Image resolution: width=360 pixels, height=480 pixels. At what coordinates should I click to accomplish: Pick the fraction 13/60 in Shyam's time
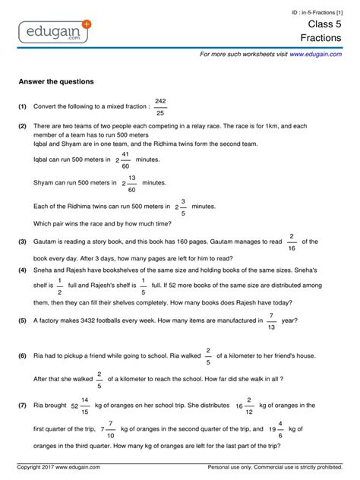click(x=131, y=183)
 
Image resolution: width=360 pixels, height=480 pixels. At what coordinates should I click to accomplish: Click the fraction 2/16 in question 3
click(x=292, y=242)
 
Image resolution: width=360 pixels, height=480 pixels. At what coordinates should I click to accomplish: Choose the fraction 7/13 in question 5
click(x=271, y=321)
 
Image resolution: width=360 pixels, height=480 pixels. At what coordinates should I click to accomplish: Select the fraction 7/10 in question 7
click(x=111, y=428)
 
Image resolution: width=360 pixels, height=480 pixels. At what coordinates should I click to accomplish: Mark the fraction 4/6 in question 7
click(x=280, y=428)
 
